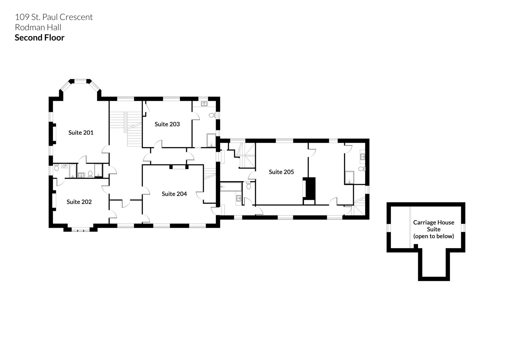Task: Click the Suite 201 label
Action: pos(81,132)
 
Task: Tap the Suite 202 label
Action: pos(79,202)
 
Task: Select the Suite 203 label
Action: pos(167,124)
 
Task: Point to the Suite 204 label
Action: pos(174,194)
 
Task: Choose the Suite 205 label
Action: pos(281,172)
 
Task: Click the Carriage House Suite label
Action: pos(433,229)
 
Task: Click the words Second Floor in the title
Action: pos(40,38)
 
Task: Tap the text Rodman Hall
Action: pos(38,27)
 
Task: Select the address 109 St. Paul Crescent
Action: pos(54,17)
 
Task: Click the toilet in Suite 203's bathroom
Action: pos(212,115)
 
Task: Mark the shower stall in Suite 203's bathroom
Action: pos(211,140)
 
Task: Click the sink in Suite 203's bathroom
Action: pos(204,104)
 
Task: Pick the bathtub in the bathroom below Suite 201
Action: pos(73,171)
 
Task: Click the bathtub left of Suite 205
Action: pos(231,187)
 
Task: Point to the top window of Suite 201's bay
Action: pos(81,80)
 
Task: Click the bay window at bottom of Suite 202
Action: pos(81,230)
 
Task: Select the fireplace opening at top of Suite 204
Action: pos(179,167)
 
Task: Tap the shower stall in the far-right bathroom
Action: pos(350,177)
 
